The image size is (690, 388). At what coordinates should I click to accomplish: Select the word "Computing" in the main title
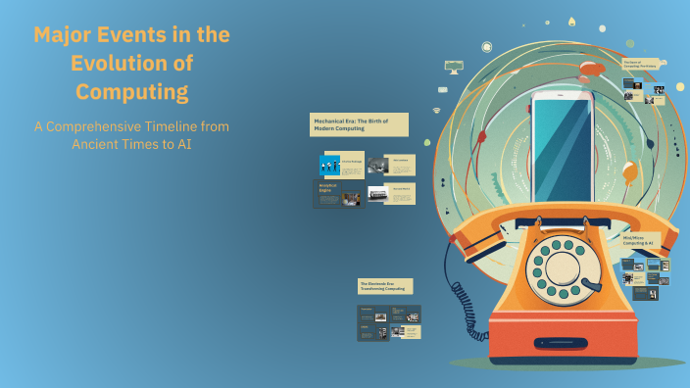click(x=132, y=92)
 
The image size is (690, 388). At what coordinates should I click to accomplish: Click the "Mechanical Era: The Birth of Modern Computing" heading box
click(x=359, y=124)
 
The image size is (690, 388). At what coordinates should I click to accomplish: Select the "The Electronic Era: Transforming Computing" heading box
click(x=385, y=286)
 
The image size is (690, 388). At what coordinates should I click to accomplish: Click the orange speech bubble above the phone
click(x=591, y=68)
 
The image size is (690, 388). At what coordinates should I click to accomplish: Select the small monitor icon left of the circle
click(x=453, y=67)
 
